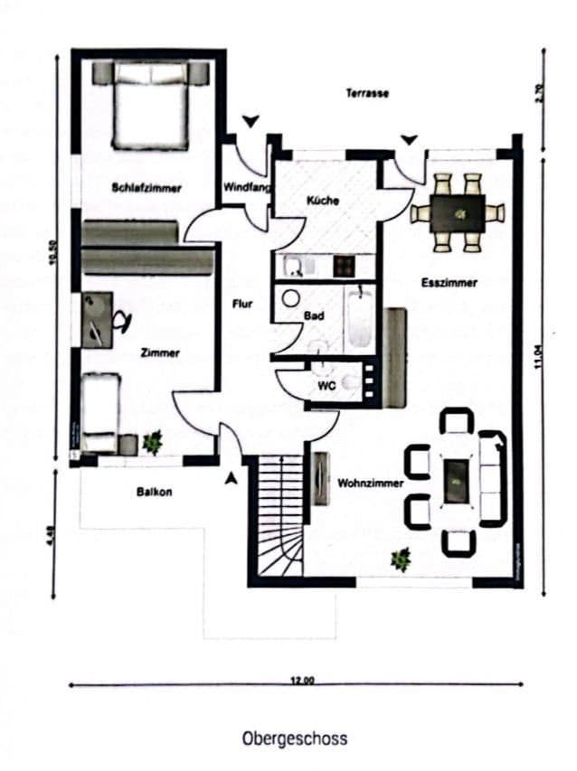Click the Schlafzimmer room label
click(x=147, y=188)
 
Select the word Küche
click(x=323, y=200)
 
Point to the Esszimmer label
click(x=449, y=283)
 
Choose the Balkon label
click(x=155, y=493)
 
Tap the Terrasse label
click(x=367, y=93)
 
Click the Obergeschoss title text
click(x=294, y=738)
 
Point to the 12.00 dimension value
click(x=301, y=681)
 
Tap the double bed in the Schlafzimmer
click(x=152, y=107)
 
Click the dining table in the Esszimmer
click(x=458, y=213)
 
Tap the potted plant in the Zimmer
click(x=153, y=441)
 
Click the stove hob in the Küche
click(x=344, y=266)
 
